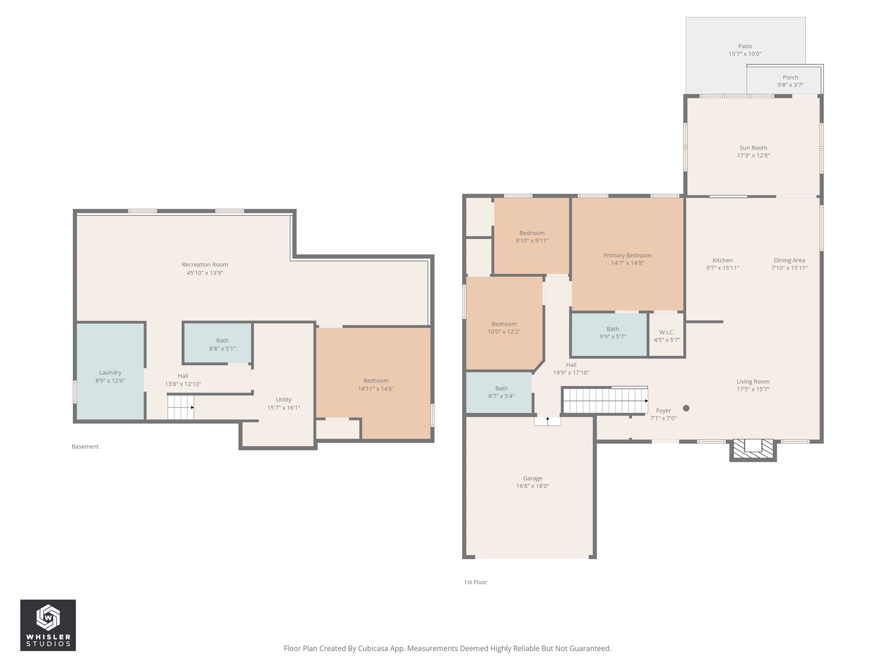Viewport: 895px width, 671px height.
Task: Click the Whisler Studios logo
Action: pyautogui.click(x=48, y=625)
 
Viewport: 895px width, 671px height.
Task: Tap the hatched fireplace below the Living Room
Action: pyautogui.click(x=753, y=450)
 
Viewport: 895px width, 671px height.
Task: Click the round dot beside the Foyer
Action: pyautogui.click(x=686, y=408)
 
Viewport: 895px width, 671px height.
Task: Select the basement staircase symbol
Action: pyautogui.click(x=180, y=407)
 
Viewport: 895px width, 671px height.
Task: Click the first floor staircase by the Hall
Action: pyautogui.click(x=605, y=400)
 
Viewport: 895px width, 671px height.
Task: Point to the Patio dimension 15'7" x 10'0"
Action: pyautogui.click(x=745, y=54)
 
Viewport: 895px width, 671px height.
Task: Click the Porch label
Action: pyautogui.click(x=790, y=77)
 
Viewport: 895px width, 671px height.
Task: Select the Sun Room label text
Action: pyautogui.click(x=753, y=148)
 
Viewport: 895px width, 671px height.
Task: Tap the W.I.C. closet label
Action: pyautogui.click(x=667, y=333)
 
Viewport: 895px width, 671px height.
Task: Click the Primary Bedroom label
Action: pyautogui.click(x=627, y=256)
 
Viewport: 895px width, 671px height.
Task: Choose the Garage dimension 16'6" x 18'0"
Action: pyautogui.click(x=533, y=486)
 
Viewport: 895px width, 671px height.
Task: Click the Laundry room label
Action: pyautogui.click(x=110, y=372)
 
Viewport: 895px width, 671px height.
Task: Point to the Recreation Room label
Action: pyautogui.click(x=205, y=264)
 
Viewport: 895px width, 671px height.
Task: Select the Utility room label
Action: pyautogui.click(x=284, y=400)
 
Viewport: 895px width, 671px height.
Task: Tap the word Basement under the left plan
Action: pyautogui.click(x=85, y=447)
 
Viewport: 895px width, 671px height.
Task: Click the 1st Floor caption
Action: pyautogui.click(x=475, y=582)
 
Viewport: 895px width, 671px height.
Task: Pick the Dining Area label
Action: pyautogui.click(x=789, y=261)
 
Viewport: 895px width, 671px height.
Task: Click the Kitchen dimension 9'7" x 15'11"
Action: pyautogui.click(x=723, y=268)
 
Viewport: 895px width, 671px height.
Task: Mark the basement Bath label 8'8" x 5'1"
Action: pyautogui.click(x=222, y=349)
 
